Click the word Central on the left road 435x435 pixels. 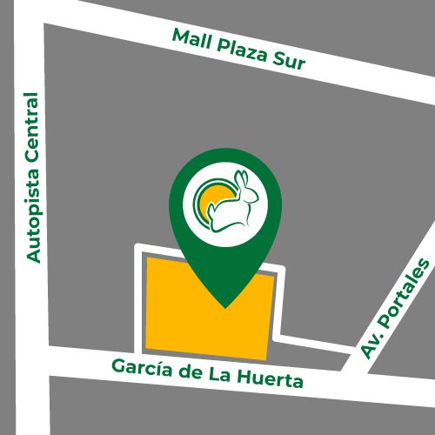click(34, 127)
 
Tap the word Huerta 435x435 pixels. click(272, 380)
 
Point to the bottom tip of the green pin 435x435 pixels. click(225, 305)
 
